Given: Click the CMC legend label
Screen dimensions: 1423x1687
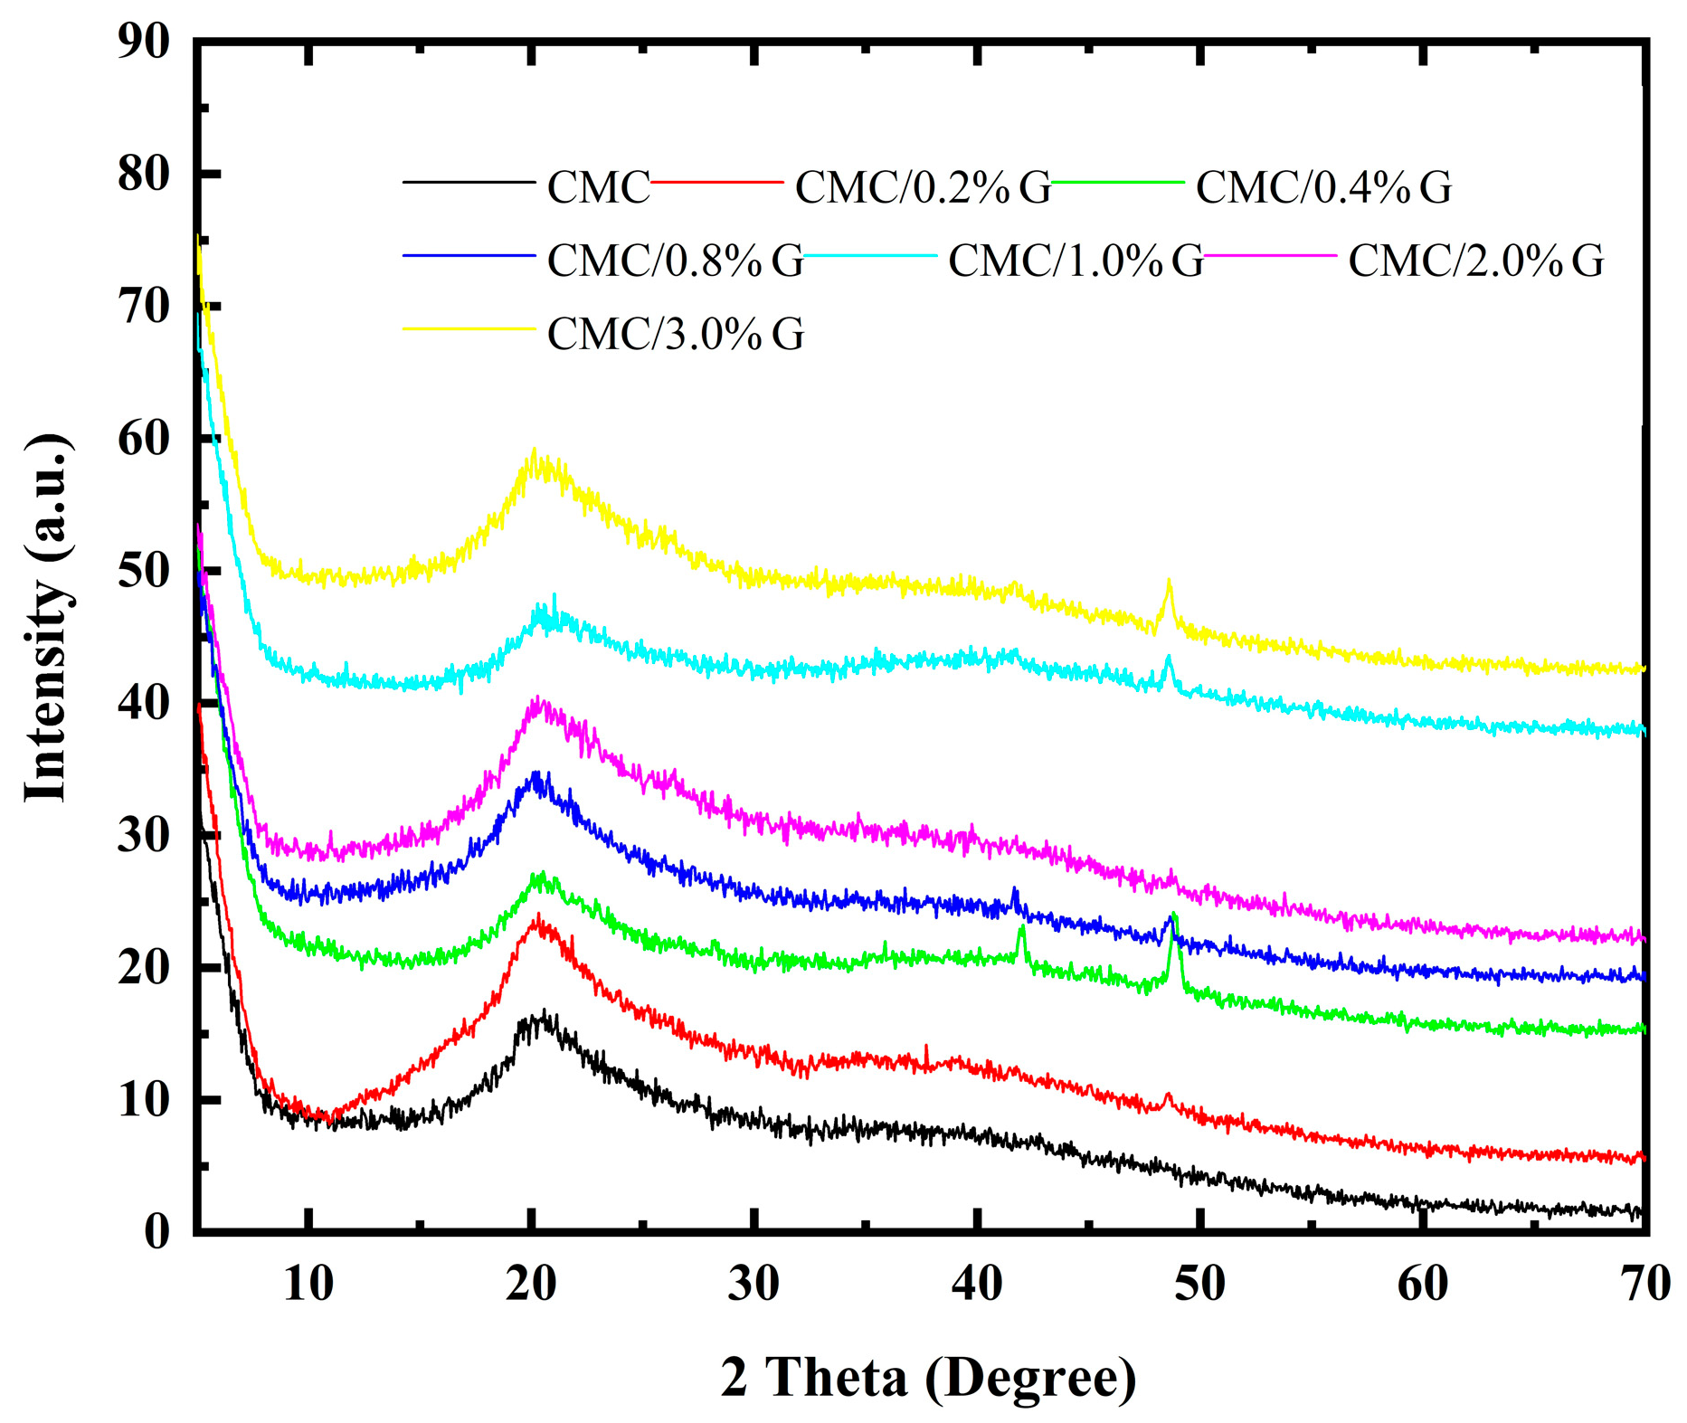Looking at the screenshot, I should tap(598, 187).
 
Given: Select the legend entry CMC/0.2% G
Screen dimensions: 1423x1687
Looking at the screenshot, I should tap(923, 187).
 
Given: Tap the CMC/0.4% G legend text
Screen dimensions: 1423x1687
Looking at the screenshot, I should tap(1323, 187).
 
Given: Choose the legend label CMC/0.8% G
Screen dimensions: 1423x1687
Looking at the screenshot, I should tap(675, 261).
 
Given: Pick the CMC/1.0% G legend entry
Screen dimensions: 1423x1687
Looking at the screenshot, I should tap(1076, 261).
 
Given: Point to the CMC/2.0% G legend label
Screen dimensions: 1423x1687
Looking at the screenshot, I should tap(1476, 261).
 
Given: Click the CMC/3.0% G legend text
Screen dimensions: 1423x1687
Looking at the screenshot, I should tap(675, 334).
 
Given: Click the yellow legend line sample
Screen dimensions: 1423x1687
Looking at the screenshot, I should tap(469, 329).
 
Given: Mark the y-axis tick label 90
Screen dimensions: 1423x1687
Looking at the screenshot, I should tap(144, 42).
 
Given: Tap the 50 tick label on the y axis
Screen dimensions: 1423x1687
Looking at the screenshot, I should tap(144, 571).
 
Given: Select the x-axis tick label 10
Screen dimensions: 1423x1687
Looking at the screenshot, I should tap(308, 1285).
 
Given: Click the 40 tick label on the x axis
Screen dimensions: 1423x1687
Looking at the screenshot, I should tap(977, 1285).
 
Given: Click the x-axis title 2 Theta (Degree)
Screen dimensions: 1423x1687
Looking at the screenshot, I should tap(928, 1378).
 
